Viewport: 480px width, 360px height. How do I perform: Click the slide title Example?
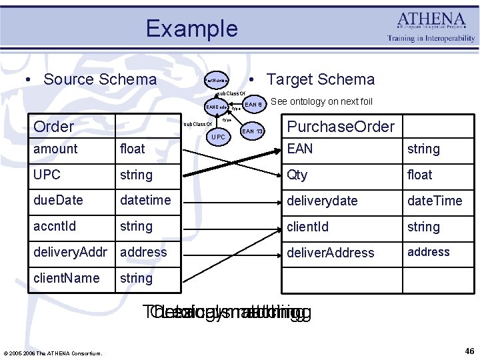[x=191, y=29]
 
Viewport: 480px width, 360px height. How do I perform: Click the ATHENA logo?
[x=431, y=27]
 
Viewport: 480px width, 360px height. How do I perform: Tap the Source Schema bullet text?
[x=99, y=79]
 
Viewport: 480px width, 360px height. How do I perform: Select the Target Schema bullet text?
[x=320, y=79]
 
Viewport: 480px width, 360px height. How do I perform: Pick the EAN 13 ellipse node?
[x=252, y=131]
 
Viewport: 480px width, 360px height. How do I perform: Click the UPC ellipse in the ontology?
[x=218, y=137]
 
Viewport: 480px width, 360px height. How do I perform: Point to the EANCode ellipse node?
[x=216, y=107]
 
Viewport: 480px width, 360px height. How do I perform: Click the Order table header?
[x=54, y=126]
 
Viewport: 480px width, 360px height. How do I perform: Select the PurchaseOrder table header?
[x=340, y=126]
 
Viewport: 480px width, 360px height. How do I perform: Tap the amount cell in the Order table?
[x=55, y=149]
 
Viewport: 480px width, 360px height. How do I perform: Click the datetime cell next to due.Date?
[x=145, y=200]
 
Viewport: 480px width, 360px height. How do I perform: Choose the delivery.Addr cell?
[x=72, y=252]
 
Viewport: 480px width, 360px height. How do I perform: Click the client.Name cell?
[x=66, y=278]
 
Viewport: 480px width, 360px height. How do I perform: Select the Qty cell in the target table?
[x=297, y=175]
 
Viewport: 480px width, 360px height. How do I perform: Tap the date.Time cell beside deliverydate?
[x=435, y=201]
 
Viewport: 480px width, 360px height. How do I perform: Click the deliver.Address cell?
[x=331, y=253]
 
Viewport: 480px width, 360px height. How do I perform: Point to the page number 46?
[x=468, y=351]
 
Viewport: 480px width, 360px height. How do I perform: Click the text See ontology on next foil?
[x=321, y=101]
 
